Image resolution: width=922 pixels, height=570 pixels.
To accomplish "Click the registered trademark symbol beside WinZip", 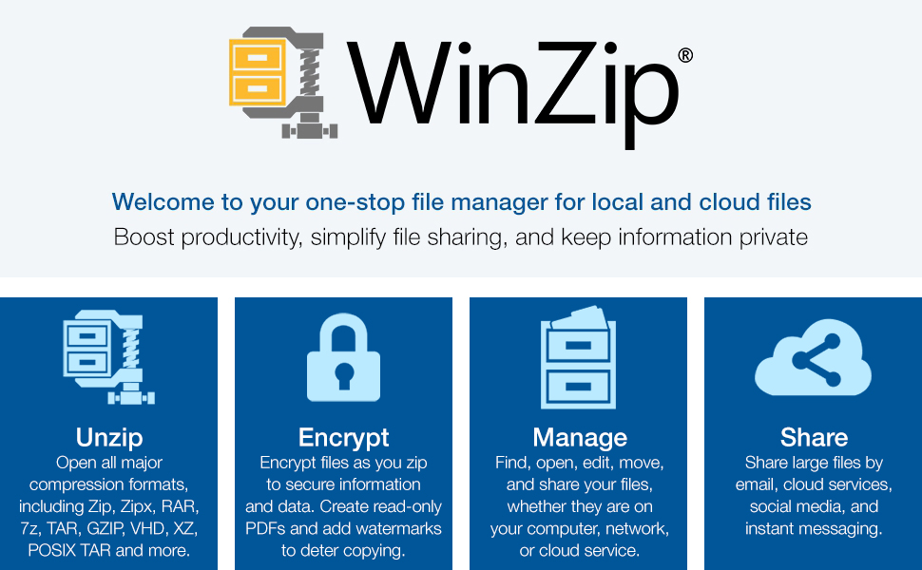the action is [685, 55].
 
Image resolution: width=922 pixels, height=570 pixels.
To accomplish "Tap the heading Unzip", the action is [109, 437].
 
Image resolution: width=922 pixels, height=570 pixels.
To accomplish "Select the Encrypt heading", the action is [343, 438].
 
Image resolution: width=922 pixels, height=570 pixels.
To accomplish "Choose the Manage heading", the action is [580, 438].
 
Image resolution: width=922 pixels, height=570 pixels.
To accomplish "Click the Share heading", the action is [814, 437].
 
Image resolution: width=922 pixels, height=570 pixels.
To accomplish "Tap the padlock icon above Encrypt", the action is [343, 357].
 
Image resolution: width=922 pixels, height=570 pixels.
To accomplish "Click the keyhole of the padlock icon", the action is [344, 376].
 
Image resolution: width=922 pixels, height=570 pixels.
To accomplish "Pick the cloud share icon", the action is [814, 357].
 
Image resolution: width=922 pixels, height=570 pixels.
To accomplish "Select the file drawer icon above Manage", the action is [579, 357].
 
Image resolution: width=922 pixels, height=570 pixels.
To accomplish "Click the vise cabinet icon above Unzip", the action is [108, 357].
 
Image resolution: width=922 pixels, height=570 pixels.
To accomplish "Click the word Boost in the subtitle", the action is [144, 237].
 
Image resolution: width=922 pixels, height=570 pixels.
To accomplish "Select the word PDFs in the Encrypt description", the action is [266, 528].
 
